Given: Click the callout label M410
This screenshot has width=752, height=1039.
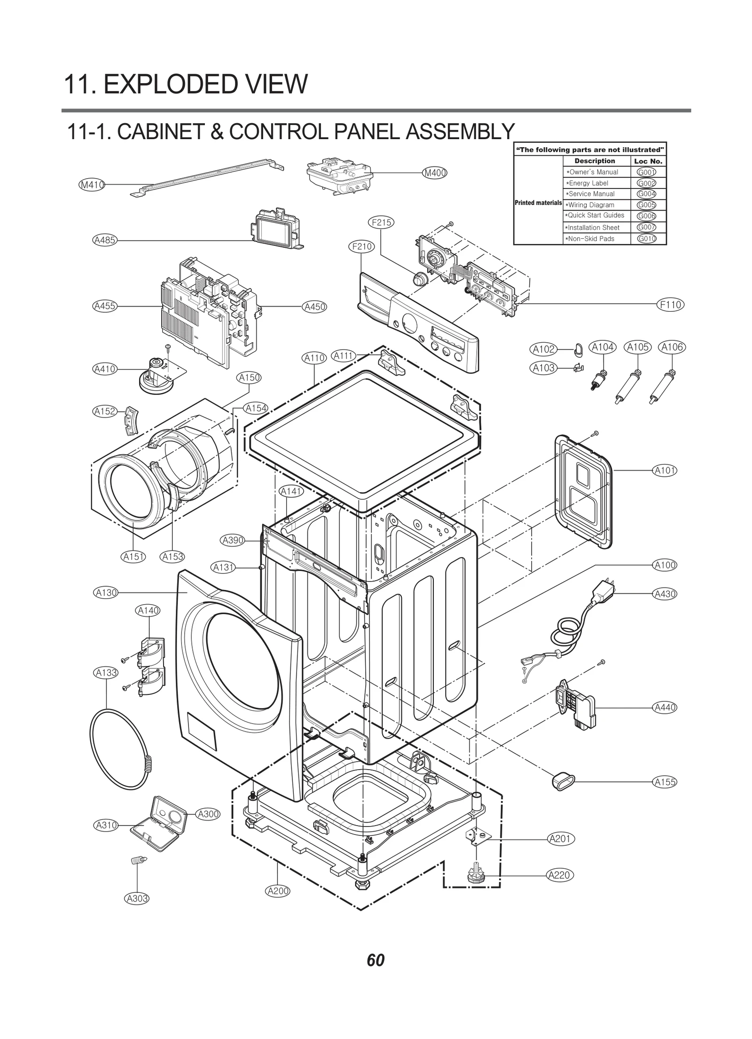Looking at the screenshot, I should (91, 185).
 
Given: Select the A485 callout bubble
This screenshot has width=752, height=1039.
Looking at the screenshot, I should (104, 240).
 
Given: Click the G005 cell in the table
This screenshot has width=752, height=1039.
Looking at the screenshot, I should (646, 205).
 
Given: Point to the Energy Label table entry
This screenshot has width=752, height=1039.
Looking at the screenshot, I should (588, 183).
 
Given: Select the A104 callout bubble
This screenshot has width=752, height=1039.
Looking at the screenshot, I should (603, 347).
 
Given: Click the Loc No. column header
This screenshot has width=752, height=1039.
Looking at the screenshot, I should (648, 161).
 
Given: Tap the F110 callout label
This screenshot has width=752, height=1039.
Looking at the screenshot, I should (670, 305).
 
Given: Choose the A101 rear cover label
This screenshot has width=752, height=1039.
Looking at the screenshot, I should (665, 470).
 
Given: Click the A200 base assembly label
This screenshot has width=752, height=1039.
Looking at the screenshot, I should (278, 890).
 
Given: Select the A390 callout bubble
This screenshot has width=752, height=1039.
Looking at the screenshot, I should (233, 541).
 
